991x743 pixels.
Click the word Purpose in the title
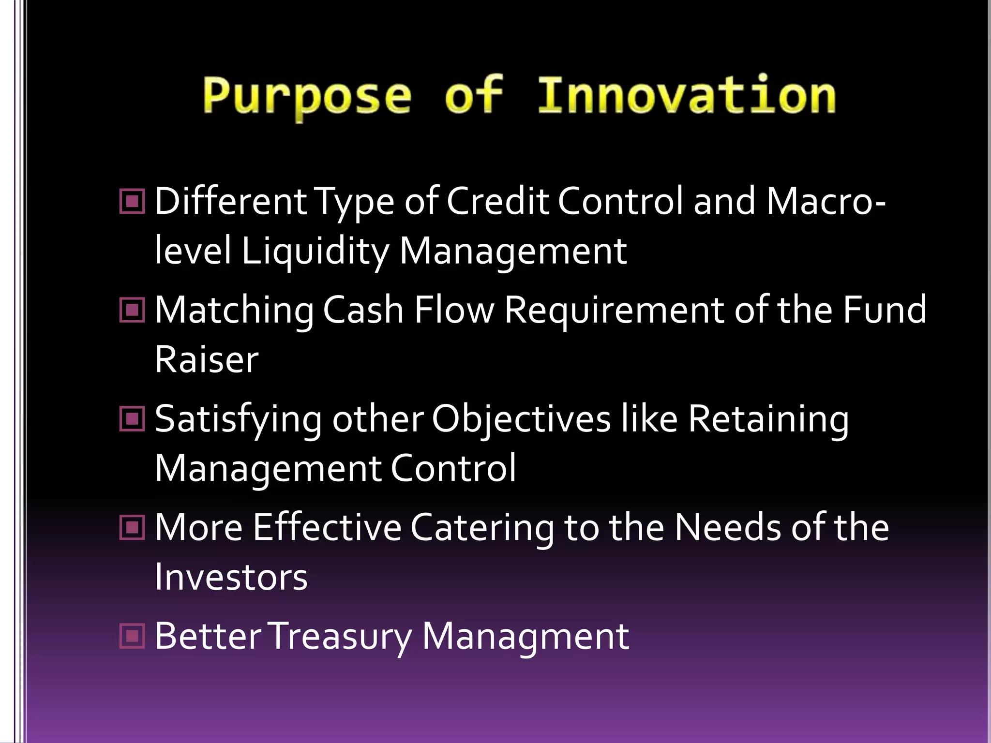click(307, 97)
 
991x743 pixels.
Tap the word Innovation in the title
click(687, 96)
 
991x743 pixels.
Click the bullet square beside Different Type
click(132, 201)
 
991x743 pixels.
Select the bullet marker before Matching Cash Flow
click(132, 310)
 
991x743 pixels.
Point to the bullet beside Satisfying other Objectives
click(132, 419)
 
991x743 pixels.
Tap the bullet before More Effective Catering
click(132, 527)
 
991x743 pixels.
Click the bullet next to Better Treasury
click(132, 636)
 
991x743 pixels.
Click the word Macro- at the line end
click(826, 201)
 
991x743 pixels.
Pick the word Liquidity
click(315, 252)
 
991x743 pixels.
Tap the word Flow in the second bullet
click(454, 310)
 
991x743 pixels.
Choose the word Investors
click(231, 578)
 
